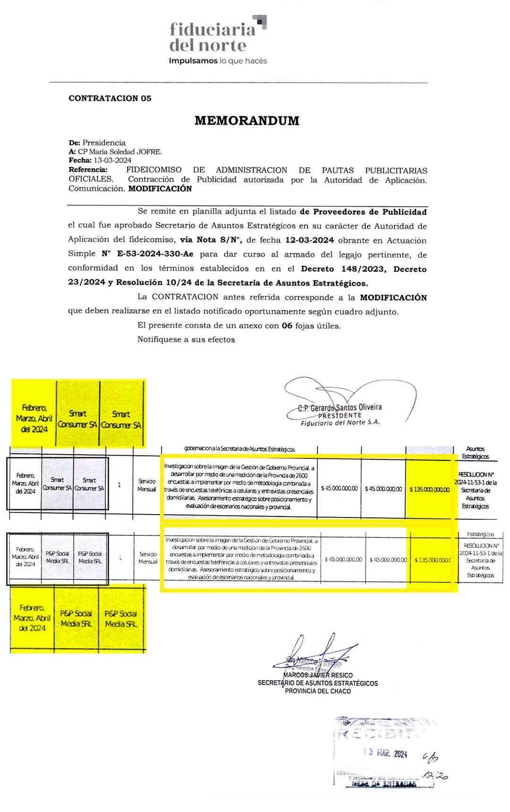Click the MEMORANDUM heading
(x=247, y=121)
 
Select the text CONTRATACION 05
(x=110, y=99)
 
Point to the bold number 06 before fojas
(x=287, y=326)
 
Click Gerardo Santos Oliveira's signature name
(x=340, y=407)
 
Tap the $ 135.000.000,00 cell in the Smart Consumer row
(x=430, y=489)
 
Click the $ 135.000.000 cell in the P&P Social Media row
(x=433, y=560)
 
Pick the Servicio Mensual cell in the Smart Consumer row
(x=147, y=485)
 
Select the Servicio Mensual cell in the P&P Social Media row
(x=148, y=558)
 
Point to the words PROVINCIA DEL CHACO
(x=318, y=691)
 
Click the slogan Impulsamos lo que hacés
(x=218, y=61)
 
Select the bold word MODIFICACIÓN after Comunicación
(x=160, y=189)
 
